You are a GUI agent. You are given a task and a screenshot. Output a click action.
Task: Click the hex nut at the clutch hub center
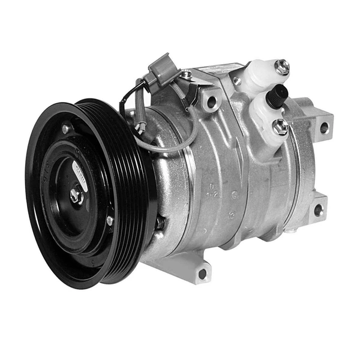click(x=77, y=195)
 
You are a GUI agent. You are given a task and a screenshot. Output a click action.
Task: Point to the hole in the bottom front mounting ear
click(x=202, y=273)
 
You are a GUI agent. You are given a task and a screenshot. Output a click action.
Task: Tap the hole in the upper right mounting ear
click(x=324, y=128)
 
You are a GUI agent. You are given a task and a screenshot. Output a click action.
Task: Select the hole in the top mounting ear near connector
click(x=211, y=101)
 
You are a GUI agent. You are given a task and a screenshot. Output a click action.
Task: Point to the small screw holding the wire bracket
click(x=187, y=74)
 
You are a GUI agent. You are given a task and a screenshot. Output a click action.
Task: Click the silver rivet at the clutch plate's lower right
click(x=110, y=221)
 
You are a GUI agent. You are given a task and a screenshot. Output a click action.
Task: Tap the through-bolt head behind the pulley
click(x=160, y=223)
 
